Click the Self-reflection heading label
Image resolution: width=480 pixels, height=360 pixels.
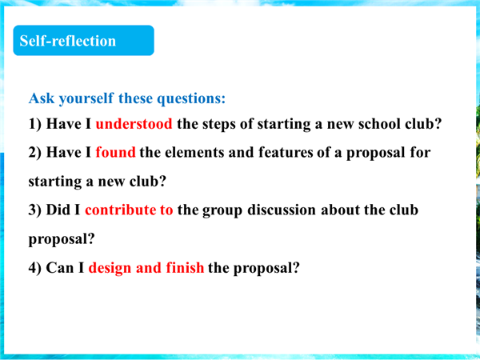(68, 41)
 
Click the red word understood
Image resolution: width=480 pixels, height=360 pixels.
(134, 124)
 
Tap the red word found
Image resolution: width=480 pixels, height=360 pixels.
(115, 152)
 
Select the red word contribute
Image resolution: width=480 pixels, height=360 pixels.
(120, 210)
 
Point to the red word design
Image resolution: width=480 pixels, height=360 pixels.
(110, 268)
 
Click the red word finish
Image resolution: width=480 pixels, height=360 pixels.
(185, 267)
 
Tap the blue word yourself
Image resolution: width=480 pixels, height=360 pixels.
(86, 98)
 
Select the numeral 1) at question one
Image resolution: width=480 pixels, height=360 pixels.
(35, 124)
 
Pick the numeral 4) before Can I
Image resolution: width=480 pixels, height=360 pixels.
(35, 268)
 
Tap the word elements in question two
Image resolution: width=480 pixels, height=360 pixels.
(194, 152)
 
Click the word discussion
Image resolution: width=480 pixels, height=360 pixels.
(282, 210)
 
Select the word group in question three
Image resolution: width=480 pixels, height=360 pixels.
(222, 210)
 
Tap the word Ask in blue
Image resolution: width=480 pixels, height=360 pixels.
(42, 98)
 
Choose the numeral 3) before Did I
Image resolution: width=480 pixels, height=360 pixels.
(35, 210)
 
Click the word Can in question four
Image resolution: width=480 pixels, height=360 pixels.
(60, 268)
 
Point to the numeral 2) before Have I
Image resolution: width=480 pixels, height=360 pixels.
(35, 153)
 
